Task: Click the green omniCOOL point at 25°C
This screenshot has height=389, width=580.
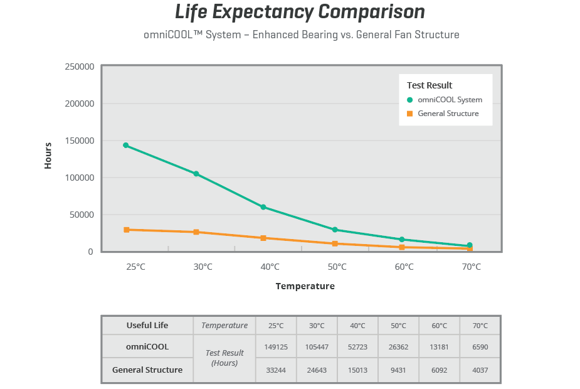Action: [126, 146]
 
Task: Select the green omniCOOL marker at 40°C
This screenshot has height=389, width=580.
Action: [263, 207]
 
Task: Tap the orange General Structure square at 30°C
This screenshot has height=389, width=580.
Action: [196, 232]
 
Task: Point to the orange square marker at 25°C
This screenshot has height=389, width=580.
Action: [127, 230]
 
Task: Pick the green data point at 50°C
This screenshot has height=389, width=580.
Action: [335, 230]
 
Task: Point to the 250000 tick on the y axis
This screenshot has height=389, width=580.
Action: [80, 67]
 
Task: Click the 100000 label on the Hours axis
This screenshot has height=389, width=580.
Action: [80, 178]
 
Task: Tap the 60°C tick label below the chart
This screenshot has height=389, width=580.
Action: [404, 267]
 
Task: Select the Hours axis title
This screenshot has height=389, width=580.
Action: [48, 155]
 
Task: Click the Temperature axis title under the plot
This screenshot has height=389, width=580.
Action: [305, 286]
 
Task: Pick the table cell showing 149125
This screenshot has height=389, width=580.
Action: [277, 347]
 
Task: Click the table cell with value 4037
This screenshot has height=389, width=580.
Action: [480, 370]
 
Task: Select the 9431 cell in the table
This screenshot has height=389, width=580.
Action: [398, 370]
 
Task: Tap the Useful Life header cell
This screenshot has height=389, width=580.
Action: [147, 326]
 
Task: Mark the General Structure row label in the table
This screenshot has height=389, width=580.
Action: [147, 370]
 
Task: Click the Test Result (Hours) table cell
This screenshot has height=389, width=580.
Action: [224, 358]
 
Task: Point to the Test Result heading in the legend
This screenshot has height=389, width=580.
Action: [430, 85]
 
